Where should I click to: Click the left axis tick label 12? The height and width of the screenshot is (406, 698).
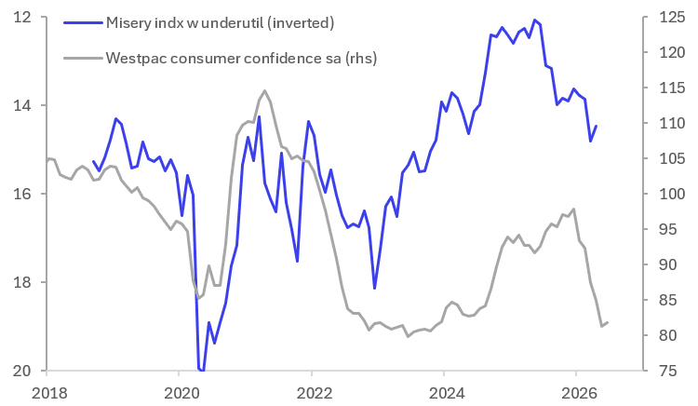(x=22, y=17)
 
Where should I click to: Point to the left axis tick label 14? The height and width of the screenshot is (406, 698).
(x=22, y=105)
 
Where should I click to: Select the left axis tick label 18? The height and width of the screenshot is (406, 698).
(x=22, y=282)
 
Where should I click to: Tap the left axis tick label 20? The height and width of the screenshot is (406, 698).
(x=22, y=371)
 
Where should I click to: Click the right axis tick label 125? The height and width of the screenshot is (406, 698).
(x=672, y=17)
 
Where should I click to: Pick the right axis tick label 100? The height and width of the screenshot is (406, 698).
(x=672, y=194)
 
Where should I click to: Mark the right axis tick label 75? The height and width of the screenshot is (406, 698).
(x=667, y=371)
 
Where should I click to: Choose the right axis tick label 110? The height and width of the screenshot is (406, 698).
(x=672, y=123)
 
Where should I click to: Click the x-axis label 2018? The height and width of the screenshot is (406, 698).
(x=50, y=393)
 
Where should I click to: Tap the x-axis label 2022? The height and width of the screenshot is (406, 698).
(x=315, y=393)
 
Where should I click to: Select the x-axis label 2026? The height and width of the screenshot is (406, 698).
(x=579, y=393)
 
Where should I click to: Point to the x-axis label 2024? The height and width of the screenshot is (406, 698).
(x=447, y=393)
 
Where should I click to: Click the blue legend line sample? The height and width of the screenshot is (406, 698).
(x=83, y=22)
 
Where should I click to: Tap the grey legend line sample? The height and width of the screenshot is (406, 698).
(x=83, y=58)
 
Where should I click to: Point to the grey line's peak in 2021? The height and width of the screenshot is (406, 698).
(x=265, y=90)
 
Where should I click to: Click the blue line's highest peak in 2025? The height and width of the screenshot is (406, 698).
(x=534, y=20)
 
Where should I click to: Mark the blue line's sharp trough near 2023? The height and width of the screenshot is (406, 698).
(x=375, y=288)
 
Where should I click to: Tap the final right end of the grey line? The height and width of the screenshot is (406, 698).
(x=608, y=322)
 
